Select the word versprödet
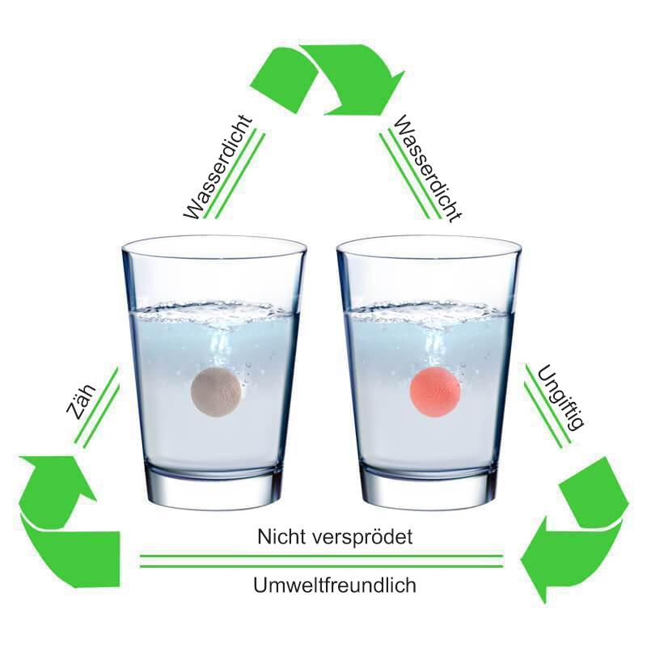pos(362,536)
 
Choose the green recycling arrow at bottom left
pos(61,518)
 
